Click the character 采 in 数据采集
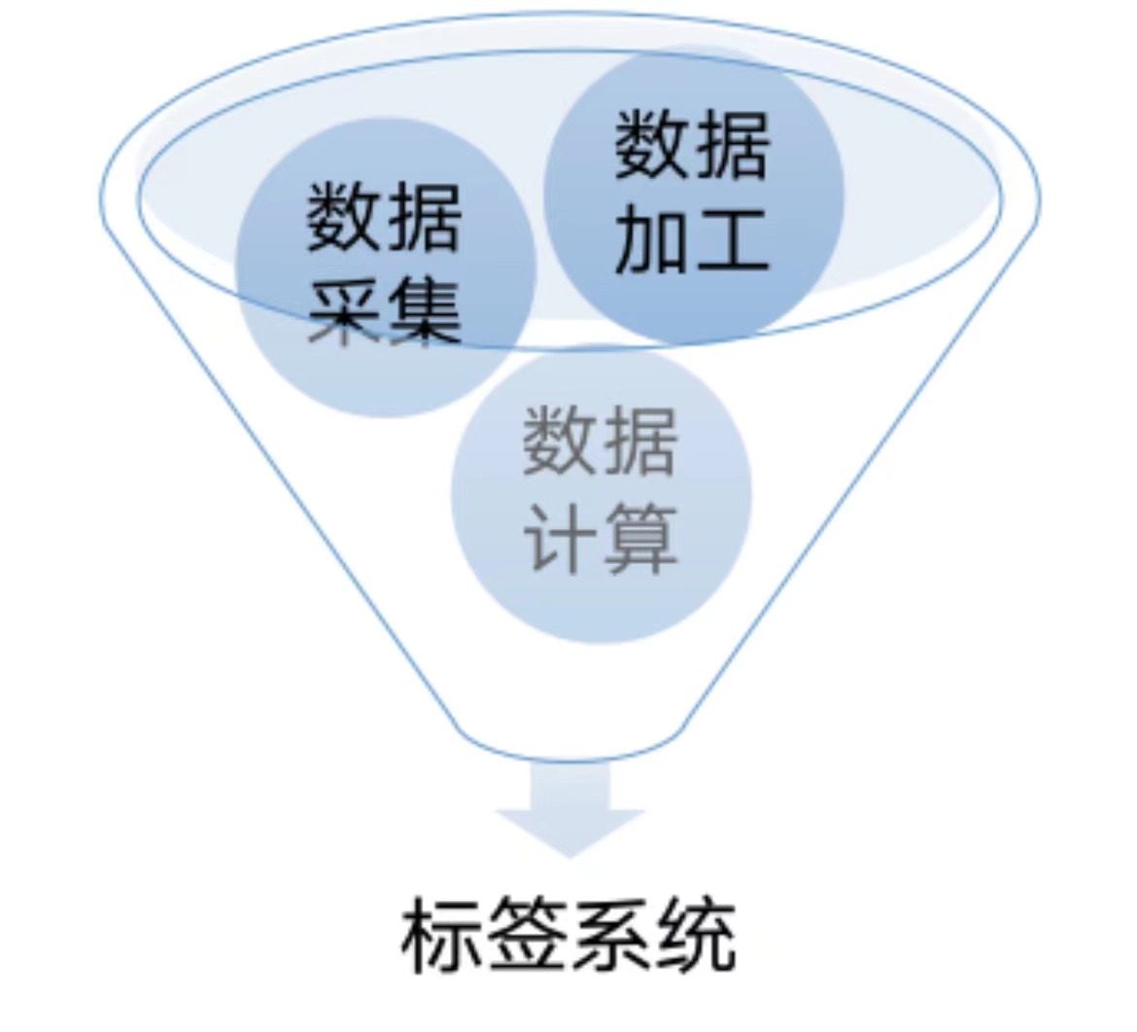(x=345, y=312)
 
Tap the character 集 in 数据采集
(x=425, y=312)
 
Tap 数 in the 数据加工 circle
(x=651, y=144)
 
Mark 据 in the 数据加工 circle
(x=731, y=144)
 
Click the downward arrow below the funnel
(x=569, y=809)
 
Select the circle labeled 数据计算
(x=602, y=493)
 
